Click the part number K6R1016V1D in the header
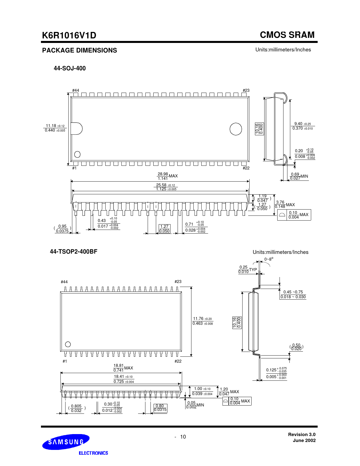click(69, 35)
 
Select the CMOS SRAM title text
click(287, 35)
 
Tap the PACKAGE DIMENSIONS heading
click(80, 50)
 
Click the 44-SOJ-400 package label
click(70, 68)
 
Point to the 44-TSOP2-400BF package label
click(73, 251)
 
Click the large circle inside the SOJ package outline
click(236, 129)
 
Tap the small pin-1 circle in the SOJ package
click(77, 154)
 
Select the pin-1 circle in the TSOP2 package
click(68, 344)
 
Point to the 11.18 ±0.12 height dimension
click(55, 128)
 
